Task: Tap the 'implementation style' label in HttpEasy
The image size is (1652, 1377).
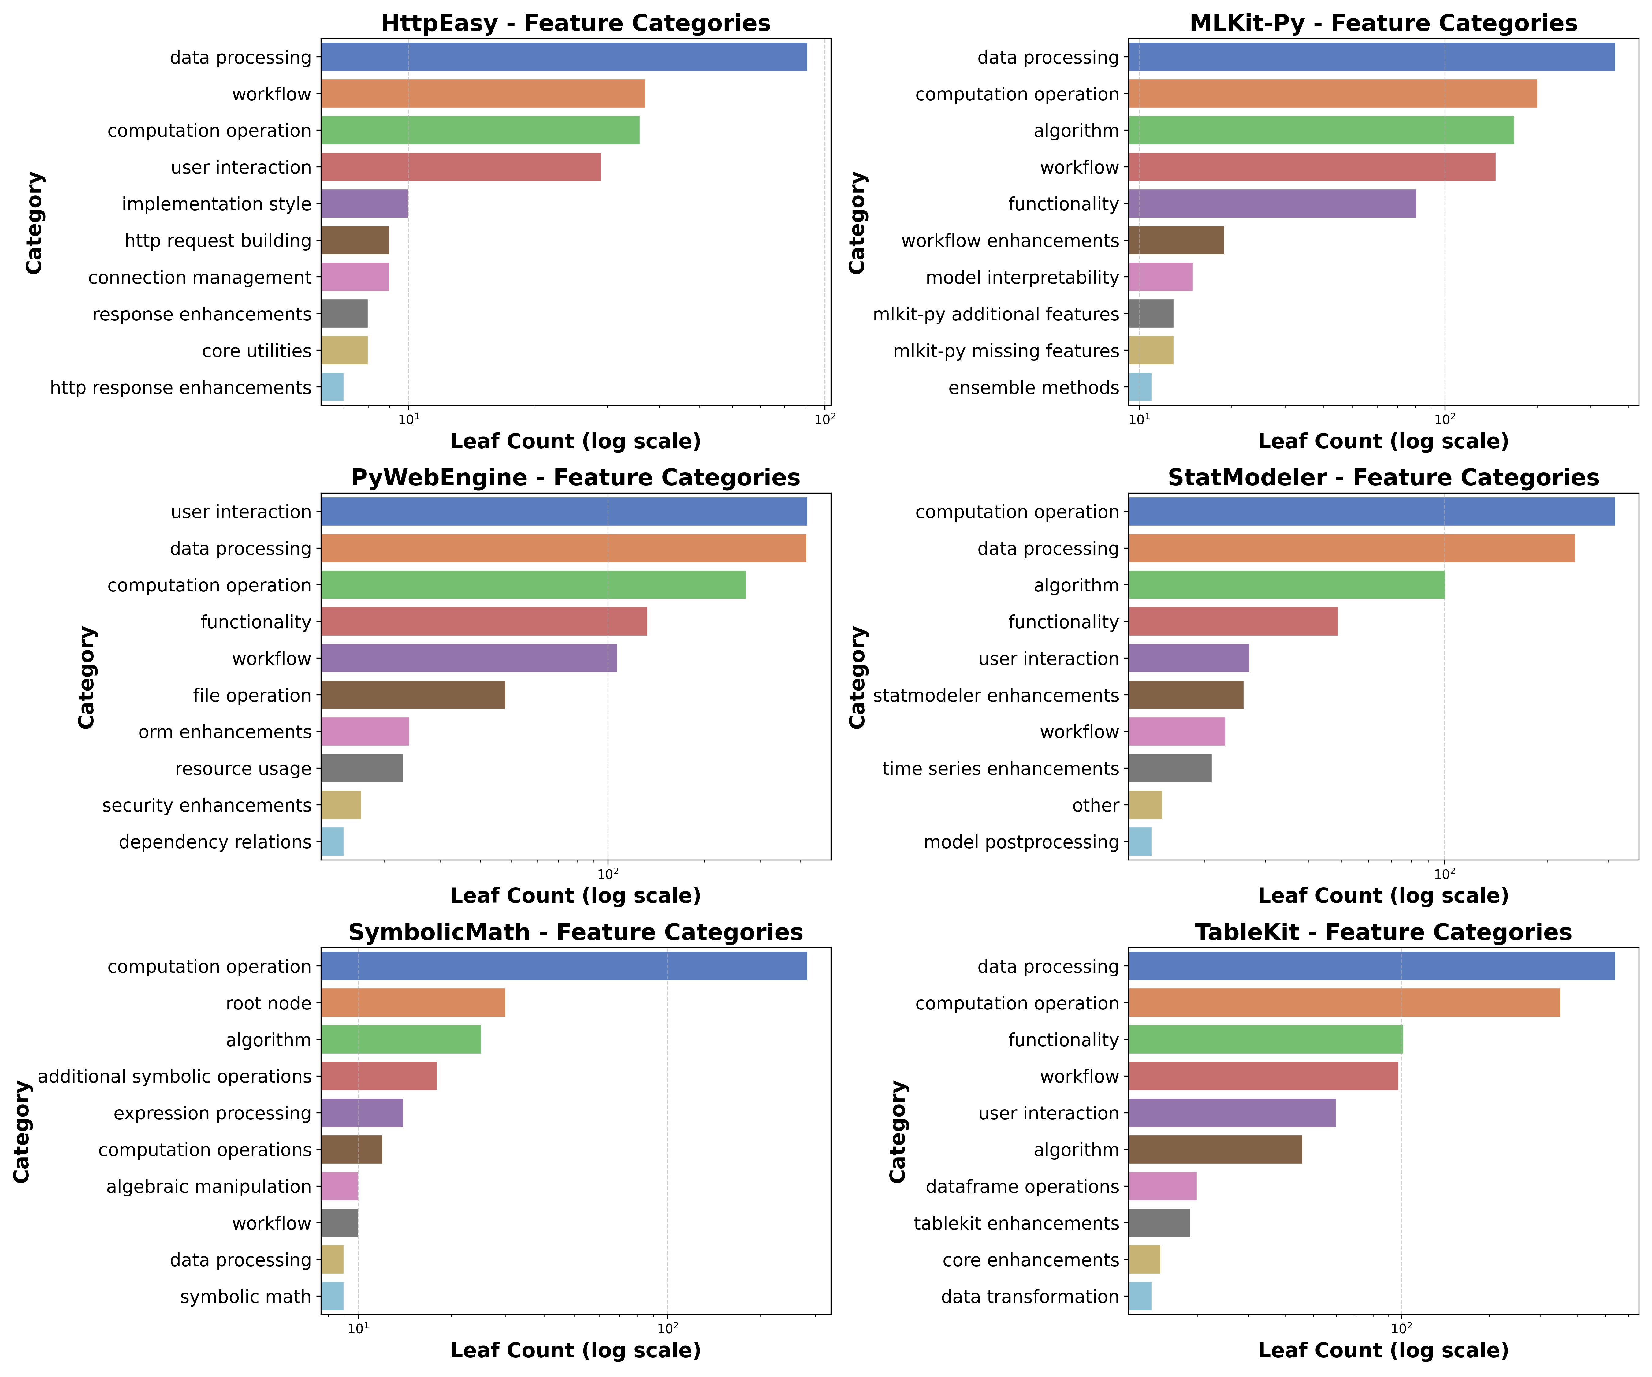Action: click(216, 204)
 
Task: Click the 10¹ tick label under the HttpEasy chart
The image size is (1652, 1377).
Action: click(408, 419)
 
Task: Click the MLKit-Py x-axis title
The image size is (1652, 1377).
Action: click(1383, 442)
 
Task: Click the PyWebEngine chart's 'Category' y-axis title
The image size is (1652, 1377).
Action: click(87, 677)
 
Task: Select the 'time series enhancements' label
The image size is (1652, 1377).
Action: click(1000, 769)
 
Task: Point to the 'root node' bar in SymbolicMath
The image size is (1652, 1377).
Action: click(413, 1003)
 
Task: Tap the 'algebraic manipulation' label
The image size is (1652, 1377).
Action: click(208, 1187)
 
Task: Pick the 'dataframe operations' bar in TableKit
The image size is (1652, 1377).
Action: click(1162, 1187)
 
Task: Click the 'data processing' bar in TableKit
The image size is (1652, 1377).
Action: click(1371, 966)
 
